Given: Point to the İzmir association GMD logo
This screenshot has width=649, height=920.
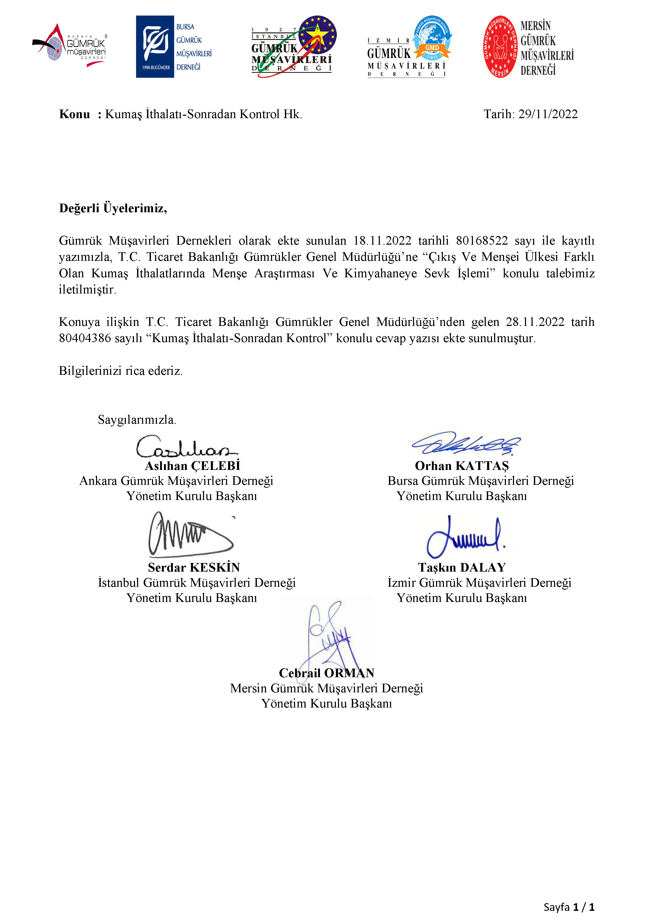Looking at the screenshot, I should click(409, 47).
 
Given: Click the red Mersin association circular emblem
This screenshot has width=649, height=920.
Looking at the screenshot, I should click(500, 47).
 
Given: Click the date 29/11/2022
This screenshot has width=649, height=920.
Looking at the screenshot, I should click(548, 114).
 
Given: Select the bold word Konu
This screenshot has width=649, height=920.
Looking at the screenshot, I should click(75, 114).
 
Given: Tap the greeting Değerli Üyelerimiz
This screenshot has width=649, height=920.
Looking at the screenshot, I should click(113, 208).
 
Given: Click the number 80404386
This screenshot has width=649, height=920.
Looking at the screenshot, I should click(85, 338).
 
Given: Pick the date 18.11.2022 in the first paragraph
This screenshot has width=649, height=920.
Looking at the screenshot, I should click(382, 240).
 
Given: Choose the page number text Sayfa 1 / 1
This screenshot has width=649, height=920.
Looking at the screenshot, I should click(569, 907).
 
